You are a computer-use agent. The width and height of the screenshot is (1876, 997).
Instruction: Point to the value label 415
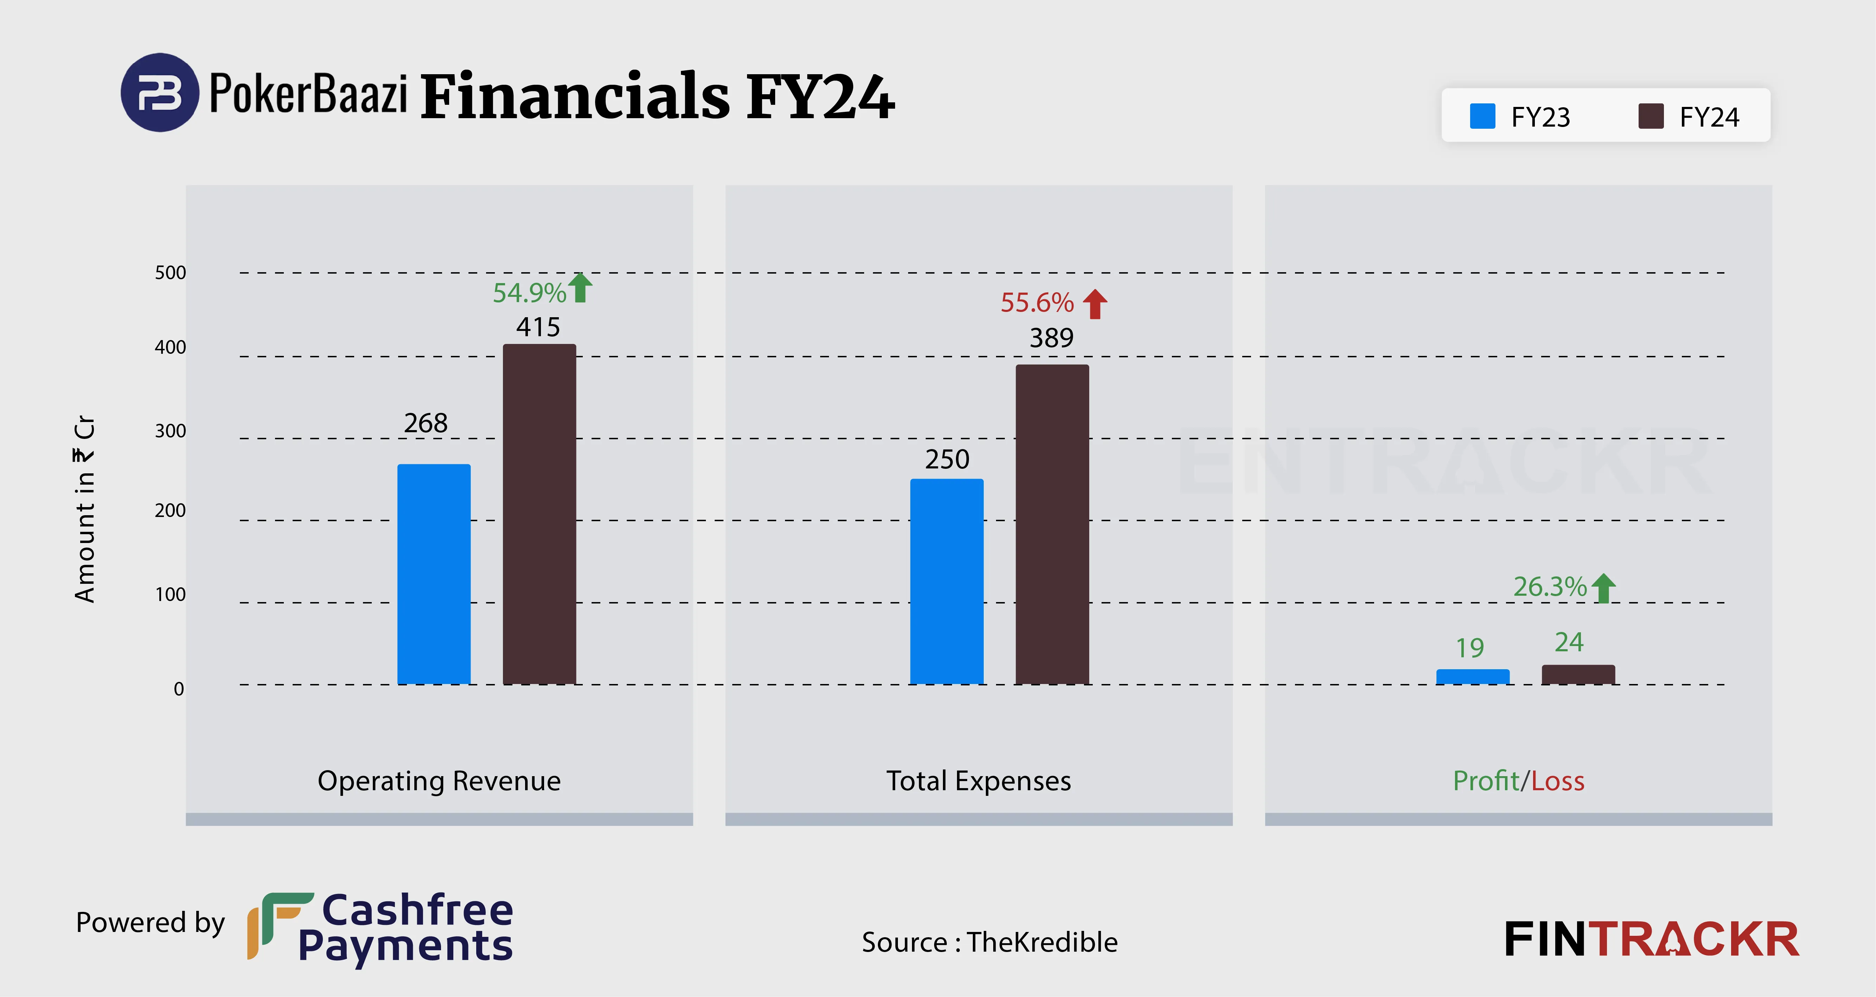[538, 327]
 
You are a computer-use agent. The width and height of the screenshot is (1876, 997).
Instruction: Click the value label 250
[947, 459]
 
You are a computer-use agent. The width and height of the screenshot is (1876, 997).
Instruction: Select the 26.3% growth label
[1550, 586]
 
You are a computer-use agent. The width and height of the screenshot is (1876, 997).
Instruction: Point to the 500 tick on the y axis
[171, 273]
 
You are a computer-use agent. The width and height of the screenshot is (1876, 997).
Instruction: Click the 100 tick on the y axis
[171, 594]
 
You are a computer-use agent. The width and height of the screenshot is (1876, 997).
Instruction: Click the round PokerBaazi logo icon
[159, 92]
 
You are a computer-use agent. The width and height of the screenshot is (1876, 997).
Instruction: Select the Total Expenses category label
[978, 781]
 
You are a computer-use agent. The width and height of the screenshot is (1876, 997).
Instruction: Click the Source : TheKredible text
[989, 942]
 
